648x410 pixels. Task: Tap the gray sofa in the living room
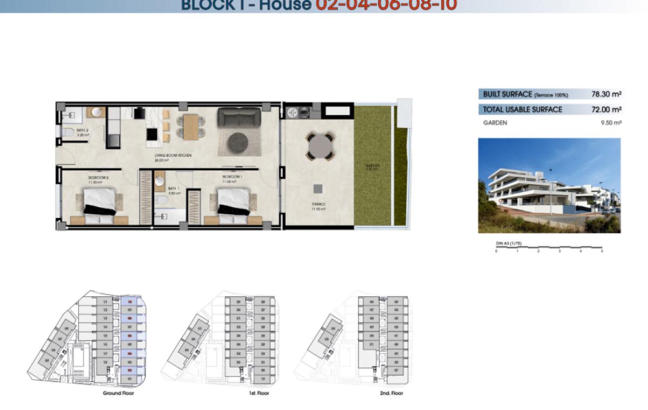coord(238,117)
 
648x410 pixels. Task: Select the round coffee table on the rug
coord(238,142)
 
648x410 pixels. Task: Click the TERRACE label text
coord(318,204)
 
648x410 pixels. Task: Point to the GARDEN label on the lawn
coord(372,166)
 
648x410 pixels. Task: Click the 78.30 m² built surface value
coord(606,94)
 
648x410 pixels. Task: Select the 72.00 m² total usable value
coord(606,109)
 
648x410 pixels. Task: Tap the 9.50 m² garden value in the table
coord(611,123)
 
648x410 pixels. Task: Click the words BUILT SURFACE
coord(507,94)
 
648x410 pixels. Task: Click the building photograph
coord(549,186)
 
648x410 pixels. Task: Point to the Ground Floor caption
coord(118,393)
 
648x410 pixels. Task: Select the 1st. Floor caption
coord(259,393)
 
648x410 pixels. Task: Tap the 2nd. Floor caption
coord(391,393)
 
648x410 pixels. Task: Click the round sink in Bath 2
coord(97,113)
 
